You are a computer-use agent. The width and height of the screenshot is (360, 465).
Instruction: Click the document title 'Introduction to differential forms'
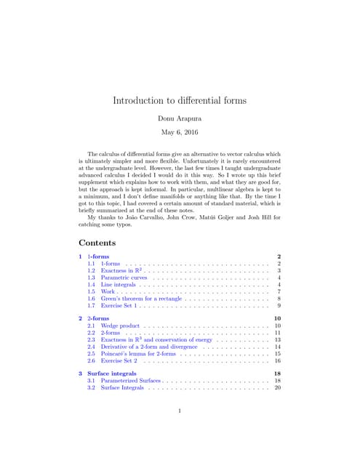pyautogui.click(x=180, y=100)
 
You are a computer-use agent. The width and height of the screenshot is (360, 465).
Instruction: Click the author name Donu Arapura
pyautogui.click(x=180, y=118)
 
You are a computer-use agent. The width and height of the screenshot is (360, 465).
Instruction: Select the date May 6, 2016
pyautogui.click(x=180, y=133)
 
